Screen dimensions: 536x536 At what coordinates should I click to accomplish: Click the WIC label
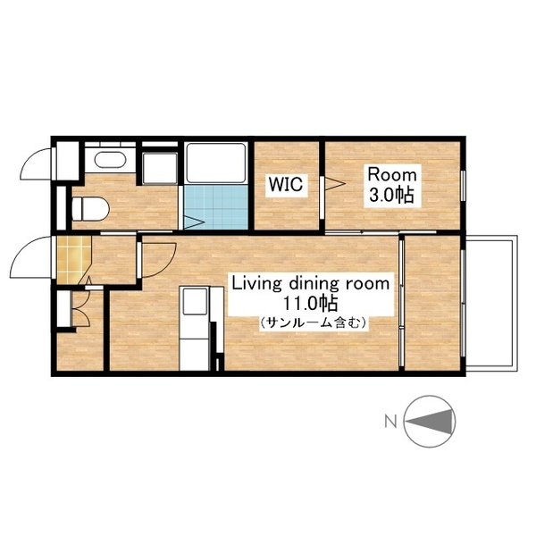[286, 184]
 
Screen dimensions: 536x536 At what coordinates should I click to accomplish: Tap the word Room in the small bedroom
[392, 175]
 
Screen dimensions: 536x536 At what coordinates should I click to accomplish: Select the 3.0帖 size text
[392, 195]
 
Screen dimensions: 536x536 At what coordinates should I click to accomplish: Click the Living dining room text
[311, 284]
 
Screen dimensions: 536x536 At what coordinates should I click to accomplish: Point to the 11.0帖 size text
[310, 303]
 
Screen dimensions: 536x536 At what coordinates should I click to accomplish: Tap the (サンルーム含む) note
[314, 322]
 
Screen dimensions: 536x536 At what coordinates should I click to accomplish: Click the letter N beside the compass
[390, 421]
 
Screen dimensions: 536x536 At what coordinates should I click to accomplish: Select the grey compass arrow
[432, 421]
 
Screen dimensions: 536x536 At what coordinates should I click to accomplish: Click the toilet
[90, 208]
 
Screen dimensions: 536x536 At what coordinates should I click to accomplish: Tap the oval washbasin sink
[110, 160]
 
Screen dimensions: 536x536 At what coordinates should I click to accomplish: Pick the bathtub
[215, 163]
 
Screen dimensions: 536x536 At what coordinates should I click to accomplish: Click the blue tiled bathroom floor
[215, 207]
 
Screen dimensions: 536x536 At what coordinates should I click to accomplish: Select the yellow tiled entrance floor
[73, 260]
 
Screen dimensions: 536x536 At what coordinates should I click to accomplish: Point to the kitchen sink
[195, 301]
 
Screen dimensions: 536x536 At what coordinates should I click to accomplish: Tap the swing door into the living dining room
[157, 260]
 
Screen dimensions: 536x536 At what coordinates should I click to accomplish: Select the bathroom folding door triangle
[194, 222]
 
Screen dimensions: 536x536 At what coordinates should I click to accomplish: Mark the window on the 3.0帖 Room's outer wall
[463, 186]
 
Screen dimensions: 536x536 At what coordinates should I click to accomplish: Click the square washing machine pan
[160, 168]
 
